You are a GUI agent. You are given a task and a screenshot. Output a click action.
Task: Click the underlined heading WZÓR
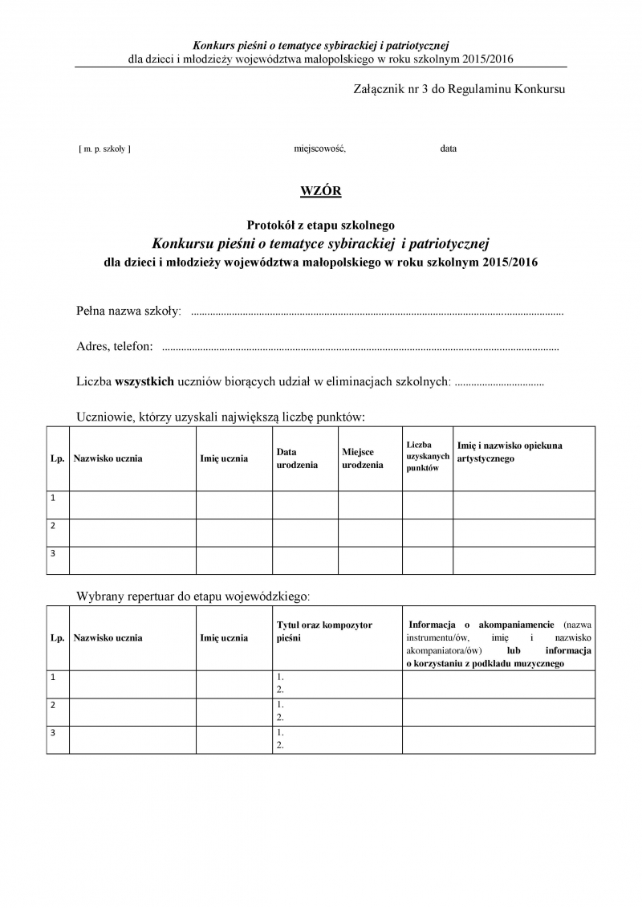[320, 190]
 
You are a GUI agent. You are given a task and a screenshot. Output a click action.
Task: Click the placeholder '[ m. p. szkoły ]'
[104, 149]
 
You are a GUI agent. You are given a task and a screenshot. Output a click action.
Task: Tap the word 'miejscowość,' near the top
[319, 149]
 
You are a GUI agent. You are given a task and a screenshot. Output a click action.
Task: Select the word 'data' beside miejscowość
[448, 149]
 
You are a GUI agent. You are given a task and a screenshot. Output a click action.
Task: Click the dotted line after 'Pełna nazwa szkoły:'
[377, 311]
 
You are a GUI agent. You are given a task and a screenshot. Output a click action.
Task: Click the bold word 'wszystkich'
[144, 382]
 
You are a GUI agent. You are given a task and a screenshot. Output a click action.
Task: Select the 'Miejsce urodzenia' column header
[362, 458]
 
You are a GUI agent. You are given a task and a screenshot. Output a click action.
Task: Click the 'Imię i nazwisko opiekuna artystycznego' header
[510, 452]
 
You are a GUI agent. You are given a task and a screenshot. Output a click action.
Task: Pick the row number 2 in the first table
[53, 526]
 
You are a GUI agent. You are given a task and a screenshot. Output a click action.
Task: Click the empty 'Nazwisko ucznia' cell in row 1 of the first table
[132, 505]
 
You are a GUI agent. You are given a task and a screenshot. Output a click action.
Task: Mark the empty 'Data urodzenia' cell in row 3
[305, 560]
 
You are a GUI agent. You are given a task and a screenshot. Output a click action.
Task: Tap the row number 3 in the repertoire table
[53, 732]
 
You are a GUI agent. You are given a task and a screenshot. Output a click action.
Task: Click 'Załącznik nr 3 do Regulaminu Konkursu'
[459, 88]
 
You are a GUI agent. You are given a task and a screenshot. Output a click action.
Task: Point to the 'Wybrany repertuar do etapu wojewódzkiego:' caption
[192, 597]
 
